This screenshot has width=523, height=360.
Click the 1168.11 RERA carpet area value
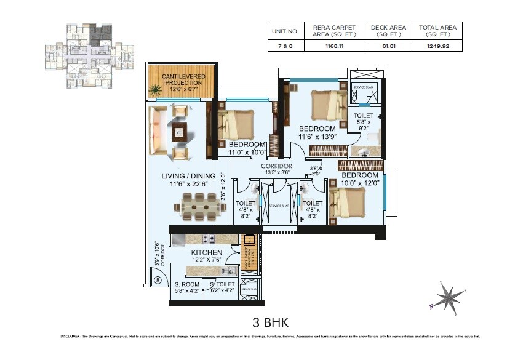click(334, 46)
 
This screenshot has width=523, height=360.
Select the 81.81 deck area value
click(388, 46)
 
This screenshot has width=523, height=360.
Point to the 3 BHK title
click(271, 321)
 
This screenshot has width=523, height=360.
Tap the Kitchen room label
click(206, 252)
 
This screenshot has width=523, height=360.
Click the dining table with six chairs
click(195, 206)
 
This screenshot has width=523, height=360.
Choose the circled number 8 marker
click(158, 281)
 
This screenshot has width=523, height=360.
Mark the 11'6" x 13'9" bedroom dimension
click(317, 137)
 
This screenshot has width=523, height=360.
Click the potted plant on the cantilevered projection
click(156, 90)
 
